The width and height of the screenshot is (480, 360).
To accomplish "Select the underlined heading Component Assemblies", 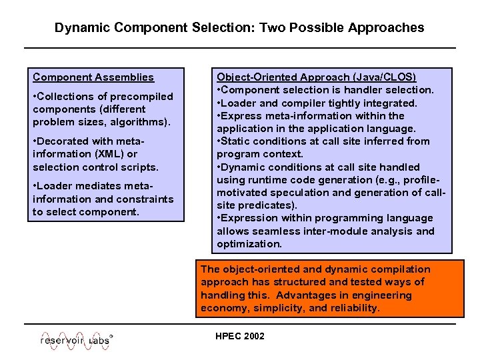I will point(93,77).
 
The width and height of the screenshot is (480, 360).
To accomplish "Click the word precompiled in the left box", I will point(142,97).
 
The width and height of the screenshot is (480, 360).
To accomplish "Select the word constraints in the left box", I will point(145,199).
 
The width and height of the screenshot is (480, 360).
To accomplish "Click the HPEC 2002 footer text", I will point(240,336).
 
